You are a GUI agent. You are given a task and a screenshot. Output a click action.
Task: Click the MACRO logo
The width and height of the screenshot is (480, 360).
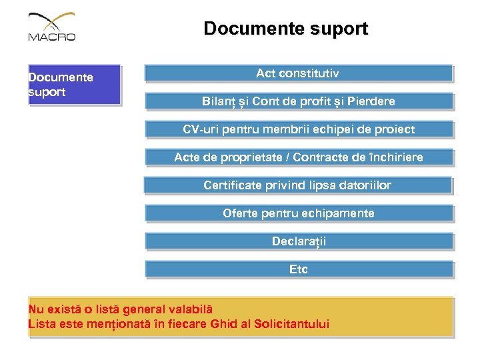52,28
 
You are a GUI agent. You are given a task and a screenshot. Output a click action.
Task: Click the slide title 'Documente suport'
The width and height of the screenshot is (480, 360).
285,29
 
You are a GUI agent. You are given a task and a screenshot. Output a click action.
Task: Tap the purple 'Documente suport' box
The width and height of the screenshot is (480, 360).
73,85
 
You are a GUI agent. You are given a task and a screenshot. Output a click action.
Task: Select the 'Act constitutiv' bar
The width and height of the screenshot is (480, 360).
298,73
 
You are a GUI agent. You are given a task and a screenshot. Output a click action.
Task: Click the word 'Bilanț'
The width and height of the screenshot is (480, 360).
219,101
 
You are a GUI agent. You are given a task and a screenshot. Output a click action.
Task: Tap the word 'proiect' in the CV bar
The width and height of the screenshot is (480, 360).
395,129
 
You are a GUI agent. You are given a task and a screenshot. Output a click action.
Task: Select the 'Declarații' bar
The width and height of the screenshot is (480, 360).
299,241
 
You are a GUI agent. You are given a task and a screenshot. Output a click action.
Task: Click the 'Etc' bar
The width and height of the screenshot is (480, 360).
299,269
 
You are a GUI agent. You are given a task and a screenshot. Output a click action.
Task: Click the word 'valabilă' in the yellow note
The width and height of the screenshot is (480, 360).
189,309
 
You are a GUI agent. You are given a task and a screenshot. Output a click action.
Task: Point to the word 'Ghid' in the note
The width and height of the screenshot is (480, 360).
225,325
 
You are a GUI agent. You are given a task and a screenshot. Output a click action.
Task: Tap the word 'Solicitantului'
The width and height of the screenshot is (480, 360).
291,325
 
